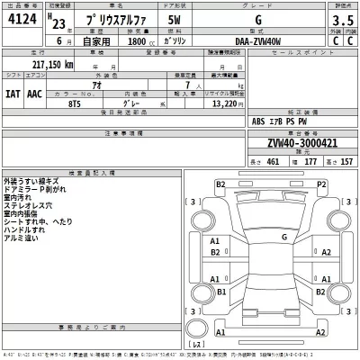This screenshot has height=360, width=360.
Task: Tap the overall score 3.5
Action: pyautogui.click(x=342, y=18)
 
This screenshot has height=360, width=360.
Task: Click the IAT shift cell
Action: pyautogui.click(x=15, y=94)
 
